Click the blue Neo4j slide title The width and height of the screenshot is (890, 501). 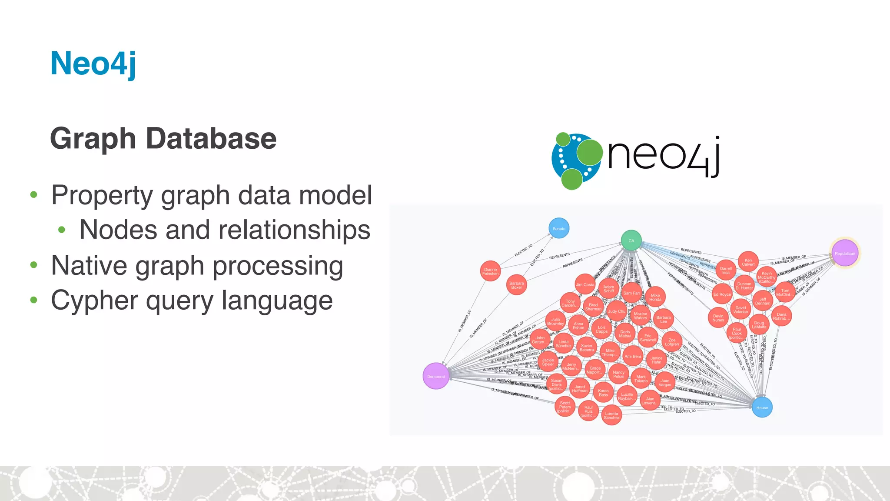coord(93,63)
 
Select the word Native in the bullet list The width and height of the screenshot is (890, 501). coord(90,265)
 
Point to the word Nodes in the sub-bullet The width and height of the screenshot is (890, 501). coord(118,230)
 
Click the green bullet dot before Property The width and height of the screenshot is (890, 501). coord(34,195)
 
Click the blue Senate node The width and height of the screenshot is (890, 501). coord(559,228)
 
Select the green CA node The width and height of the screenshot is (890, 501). coord(631,240)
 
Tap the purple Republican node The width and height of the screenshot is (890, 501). coord(844,254)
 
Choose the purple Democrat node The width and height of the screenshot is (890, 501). coord(436,376)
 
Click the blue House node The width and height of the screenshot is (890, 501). coord(762,407)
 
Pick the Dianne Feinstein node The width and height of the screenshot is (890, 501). coord(490,271)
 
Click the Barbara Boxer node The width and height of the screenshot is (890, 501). coord(516,285)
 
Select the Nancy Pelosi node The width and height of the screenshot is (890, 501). coord(618,374)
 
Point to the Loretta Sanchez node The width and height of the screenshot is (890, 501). coord(611,415)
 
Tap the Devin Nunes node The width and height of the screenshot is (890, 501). coord(718,318)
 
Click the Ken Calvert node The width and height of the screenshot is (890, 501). coord(748,262)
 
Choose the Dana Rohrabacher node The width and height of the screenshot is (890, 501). coord(781,316)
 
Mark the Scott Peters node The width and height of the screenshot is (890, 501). coord(565,407)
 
